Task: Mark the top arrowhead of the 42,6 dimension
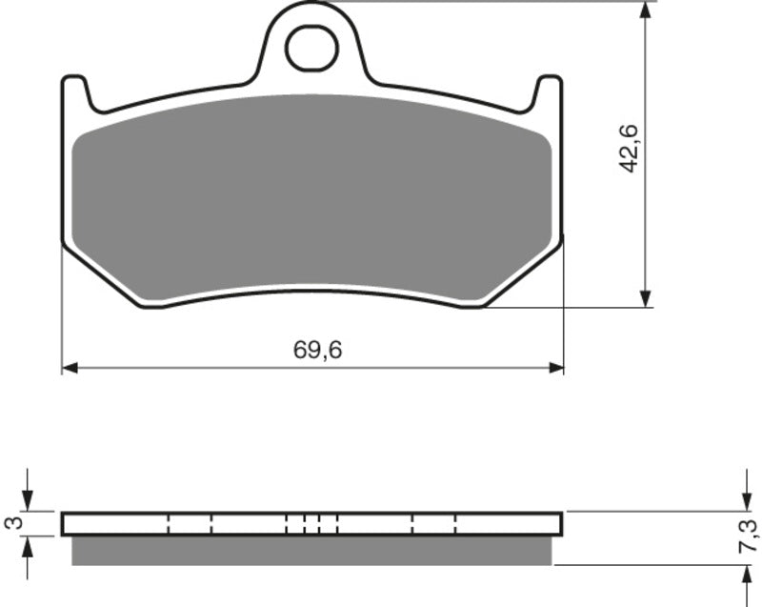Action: coord(647,11)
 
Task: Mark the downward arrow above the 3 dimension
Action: coord(28,497)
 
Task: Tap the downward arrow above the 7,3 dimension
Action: coord(744,497)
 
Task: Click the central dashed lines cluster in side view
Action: coord(311,523)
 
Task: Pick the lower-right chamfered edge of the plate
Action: coord(524,276)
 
